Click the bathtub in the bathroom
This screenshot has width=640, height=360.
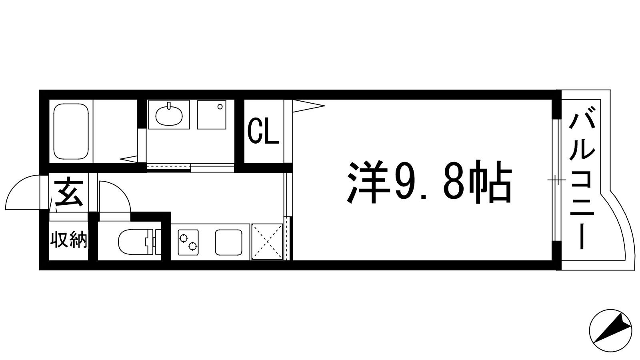pos(71,132)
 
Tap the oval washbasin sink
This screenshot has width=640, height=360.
pos(169,115)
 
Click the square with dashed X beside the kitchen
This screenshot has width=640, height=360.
pos(267,242)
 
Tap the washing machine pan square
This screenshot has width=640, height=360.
pos(211,114)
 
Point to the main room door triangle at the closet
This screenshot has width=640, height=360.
pos(308,106)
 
